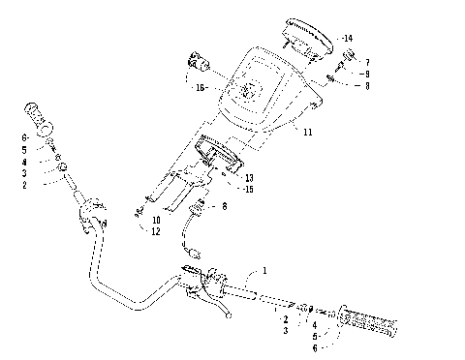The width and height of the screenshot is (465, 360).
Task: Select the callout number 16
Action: [201, 88]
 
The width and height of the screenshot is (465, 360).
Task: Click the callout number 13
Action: [249, 177]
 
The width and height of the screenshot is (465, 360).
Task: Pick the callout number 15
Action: [249, 189]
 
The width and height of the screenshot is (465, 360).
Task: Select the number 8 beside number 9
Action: [365, 86]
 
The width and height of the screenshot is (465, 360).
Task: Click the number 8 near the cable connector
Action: [224, 207]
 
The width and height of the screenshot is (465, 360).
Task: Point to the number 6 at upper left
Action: [24, 140]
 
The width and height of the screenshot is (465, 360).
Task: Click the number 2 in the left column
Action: [24, 184]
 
